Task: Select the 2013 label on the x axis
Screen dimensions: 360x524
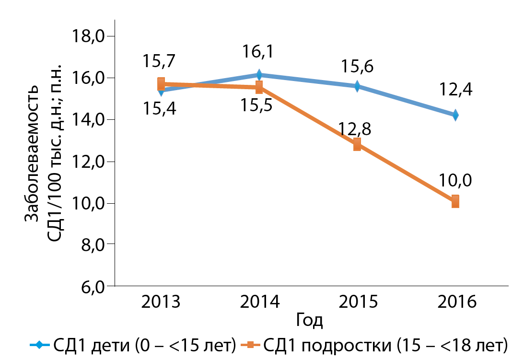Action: click(161, 302)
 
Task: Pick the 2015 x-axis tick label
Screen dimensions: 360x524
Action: click(358, 302)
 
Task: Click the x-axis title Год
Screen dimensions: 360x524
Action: click(309, 320)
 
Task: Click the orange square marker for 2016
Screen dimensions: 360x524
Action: click(455, 201)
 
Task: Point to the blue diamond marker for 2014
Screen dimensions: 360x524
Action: click(259, 75)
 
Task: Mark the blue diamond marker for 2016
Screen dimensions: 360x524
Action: click(455, 115)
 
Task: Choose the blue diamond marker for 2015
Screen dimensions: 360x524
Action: click(357, 86)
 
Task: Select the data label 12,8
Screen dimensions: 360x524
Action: click(355, 129)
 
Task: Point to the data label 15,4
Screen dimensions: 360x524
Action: click(159, 109)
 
